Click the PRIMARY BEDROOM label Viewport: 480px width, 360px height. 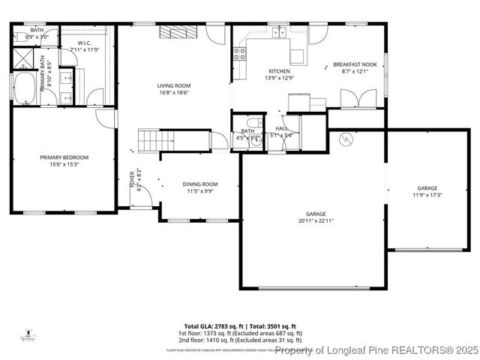pos(64,157)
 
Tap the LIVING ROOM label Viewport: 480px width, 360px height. pos(173,86)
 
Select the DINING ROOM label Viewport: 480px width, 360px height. pos(200,184)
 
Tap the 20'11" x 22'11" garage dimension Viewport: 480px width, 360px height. pos(315,221)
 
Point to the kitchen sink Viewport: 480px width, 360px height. pos(280,32)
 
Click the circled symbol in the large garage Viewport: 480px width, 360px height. pos(346,138)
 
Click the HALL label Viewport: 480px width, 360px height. pos(282,129)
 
